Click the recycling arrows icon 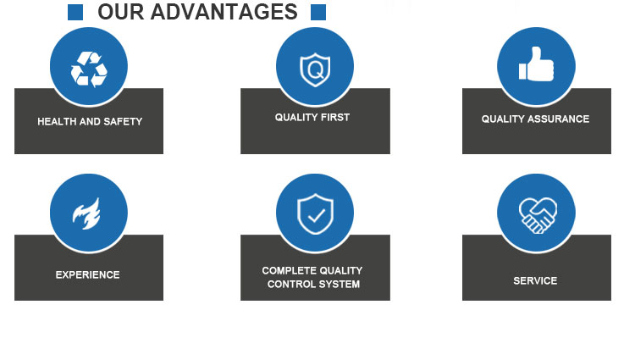pyautogui.click(x=89, y=69)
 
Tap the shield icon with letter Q pyautogui.click(x=315, y=69)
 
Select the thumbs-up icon pyautogui.click(x=536, y=64)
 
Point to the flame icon pyautogui.click(x=86, y=213)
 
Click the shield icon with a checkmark pyautogui.click(x=315, y=213)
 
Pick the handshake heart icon pyautogui.click(x=538, y=215)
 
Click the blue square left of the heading pyautogui.click(x=75, y=12)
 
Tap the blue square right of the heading pyautogui.click(x=318, y=12)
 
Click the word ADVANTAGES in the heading pyautogui.click(x=224, y=12)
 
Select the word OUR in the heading pyautogui.click(x=121, y=12)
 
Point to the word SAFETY pyautogui.click(x=123, y=121)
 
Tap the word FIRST pyautogui.click(x=334, y=118)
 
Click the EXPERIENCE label pyautogui.click(x=87, y=275)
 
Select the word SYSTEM pyautogui.click(x=339, y=285)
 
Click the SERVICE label pyautogui.click(x=535, y=280)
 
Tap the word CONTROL pyautogui.click(x=290, y=285)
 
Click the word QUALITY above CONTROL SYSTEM pyautogui.click(x=337, y=270)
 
